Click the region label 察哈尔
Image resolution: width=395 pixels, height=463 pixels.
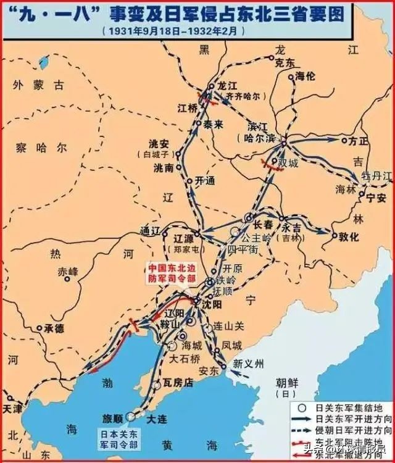click(x=43, y=148)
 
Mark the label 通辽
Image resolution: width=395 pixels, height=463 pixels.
click(x=150, y=231)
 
